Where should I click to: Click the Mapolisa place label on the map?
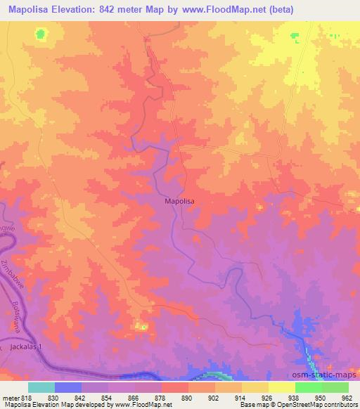(179, 201)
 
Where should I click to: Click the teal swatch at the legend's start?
(41, 387)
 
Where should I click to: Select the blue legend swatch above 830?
(68, 387)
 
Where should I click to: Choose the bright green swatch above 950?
(308, 387)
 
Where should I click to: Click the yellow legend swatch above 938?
(281, 387)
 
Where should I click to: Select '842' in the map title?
(123, 9)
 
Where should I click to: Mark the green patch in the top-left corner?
(41, 33)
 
